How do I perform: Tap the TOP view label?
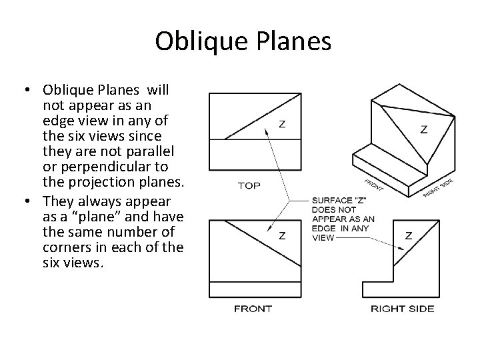tap(249, 185)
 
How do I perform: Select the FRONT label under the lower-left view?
tap(253, 309)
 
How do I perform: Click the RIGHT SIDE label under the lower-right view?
tap(402, 309)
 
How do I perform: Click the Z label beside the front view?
tap(283, 235)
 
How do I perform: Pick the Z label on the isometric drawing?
tap(424, 129)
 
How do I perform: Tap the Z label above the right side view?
tap(408, 235)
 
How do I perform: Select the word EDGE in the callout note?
tap(322, 227)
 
